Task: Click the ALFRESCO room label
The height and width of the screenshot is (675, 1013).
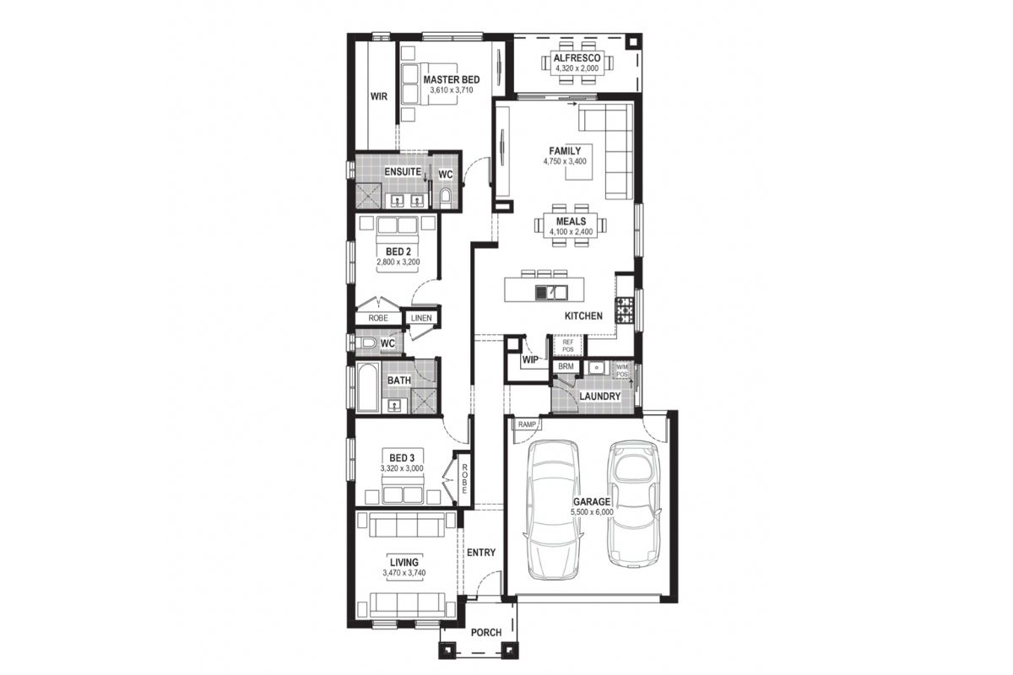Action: click(x=577, y=58)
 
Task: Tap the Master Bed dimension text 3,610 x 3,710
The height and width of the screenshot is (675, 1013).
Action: click(x=452, y=90)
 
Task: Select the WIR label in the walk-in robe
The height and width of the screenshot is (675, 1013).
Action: click(x=378, y=96)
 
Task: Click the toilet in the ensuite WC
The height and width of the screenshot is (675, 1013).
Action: click(x=446, y=197)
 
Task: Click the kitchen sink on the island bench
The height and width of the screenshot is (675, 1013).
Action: click(x=550, y=293)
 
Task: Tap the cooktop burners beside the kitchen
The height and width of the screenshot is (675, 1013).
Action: click(x=624, y=310)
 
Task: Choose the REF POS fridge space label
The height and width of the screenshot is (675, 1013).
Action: click(x=567, y=346)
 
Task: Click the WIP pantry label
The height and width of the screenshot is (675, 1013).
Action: click(x=530, y=360)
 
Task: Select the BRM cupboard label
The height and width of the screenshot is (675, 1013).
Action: click(x=566, y=367)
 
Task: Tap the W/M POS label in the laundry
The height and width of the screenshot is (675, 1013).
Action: click(x=622, y=371)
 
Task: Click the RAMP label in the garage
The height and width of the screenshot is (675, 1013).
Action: click(x=527, y=424)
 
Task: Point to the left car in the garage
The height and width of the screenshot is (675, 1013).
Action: click(x=554, y=510)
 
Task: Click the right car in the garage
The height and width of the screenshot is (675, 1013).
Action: click(x=632, y=503)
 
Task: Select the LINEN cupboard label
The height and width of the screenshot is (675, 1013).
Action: click(x=421, y=318)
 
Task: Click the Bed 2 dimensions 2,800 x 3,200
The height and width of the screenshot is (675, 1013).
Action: click(x=398, y=262)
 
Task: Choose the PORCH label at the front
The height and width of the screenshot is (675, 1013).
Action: click(x=486, y=633)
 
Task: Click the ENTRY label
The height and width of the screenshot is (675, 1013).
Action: click(x=481, y=553)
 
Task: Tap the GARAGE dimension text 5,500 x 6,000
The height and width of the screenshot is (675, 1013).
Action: click(x=592, y=512)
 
